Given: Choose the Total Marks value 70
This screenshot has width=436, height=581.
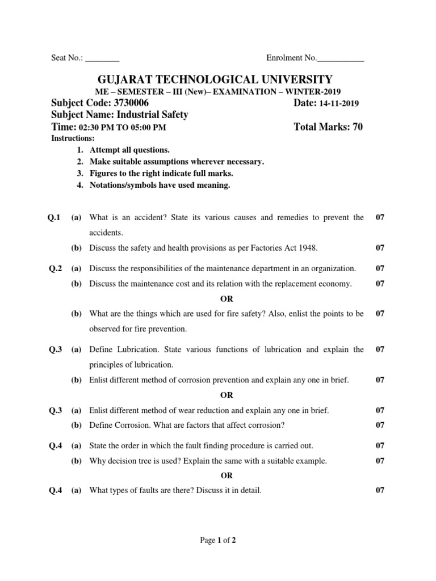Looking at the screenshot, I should (x=357, y=127).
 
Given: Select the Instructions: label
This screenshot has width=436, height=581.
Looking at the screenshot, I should (x=73, y=138).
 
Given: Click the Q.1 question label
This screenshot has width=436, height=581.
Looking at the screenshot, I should (x=55, y=218).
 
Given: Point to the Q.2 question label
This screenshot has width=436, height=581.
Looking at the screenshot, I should (x=55, y=268).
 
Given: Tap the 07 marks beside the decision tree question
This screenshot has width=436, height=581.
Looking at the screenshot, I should (x=380, y=461).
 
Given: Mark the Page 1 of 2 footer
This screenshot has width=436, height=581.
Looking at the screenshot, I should (x=218, y=541).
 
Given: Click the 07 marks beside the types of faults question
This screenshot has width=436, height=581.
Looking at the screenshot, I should (x=380, y=491).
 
